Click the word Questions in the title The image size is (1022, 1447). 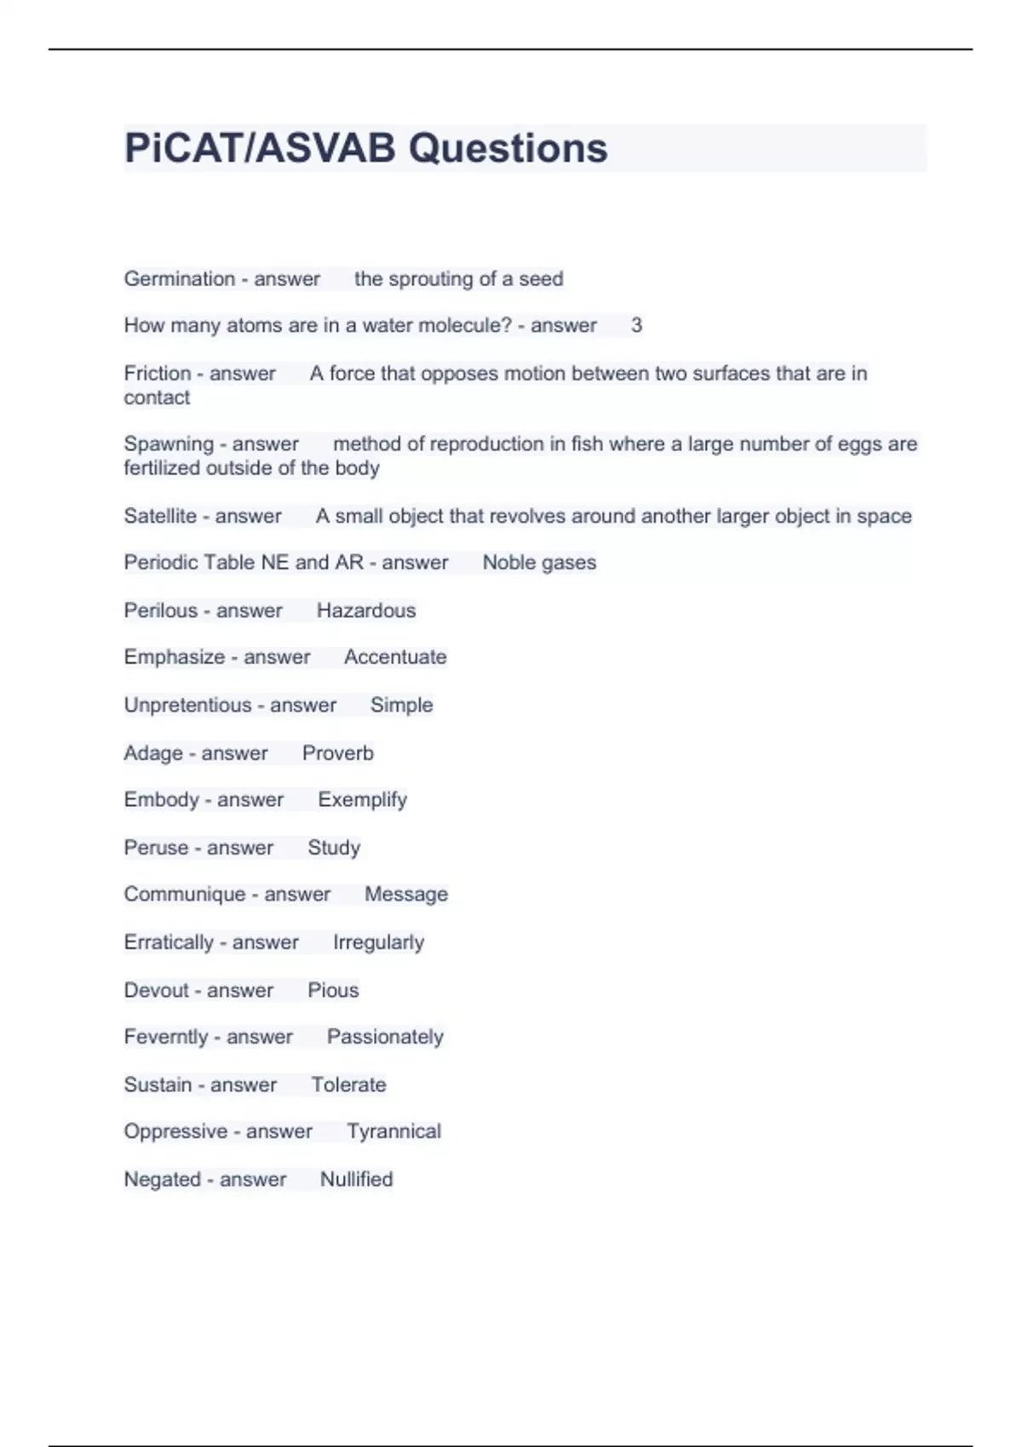(508, 148)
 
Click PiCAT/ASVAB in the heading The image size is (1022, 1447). (260, 148)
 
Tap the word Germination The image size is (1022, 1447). (179, 279)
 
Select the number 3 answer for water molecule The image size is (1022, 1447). (636, 325)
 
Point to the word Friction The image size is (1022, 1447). (158, 374)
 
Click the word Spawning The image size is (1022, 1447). (169, 444)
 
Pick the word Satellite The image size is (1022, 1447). (160, 516)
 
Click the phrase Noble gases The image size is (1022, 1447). (539, 563)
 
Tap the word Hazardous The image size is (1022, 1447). (366, 610)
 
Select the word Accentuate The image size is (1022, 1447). (395, 657)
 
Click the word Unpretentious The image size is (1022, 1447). (187, 705)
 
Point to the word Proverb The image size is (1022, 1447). (338, 753)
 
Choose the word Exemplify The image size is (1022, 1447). (362, 800)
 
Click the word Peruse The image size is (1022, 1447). (156, 848)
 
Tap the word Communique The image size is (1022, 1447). (184, 895)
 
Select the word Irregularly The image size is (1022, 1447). (378, 942)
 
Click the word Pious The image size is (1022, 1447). (333, 990)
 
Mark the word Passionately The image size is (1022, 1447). (385, 1037)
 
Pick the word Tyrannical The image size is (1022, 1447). (393, 1131)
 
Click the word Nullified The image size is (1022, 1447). (356, 1179)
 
